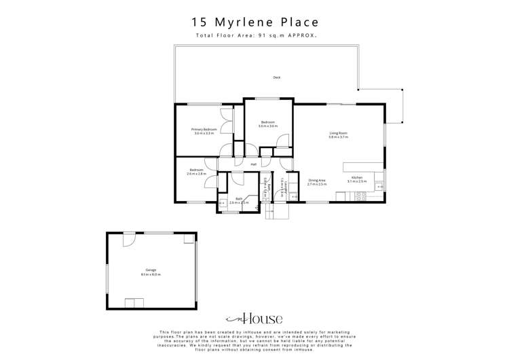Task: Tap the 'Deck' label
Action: click(277, 77)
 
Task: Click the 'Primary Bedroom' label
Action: click(204, 129)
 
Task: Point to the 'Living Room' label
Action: click(339, 133)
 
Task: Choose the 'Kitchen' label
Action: click(357, 177)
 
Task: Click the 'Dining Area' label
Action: click(317, 180)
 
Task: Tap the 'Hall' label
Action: click(254, 164)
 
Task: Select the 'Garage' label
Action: click(151, 270)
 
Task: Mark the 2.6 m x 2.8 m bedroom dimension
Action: click(197, 174)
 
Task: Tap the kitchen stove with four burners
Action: click(361, 196)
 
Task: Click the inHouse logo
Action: click(254, 319)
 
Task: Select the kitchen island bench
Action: click(364, 166)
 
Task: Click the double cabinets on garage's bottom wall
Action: click(134, 303)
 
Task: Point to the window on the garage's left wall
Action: click(107, 279)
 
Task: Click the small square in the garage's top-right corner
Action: click(189, 238)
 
